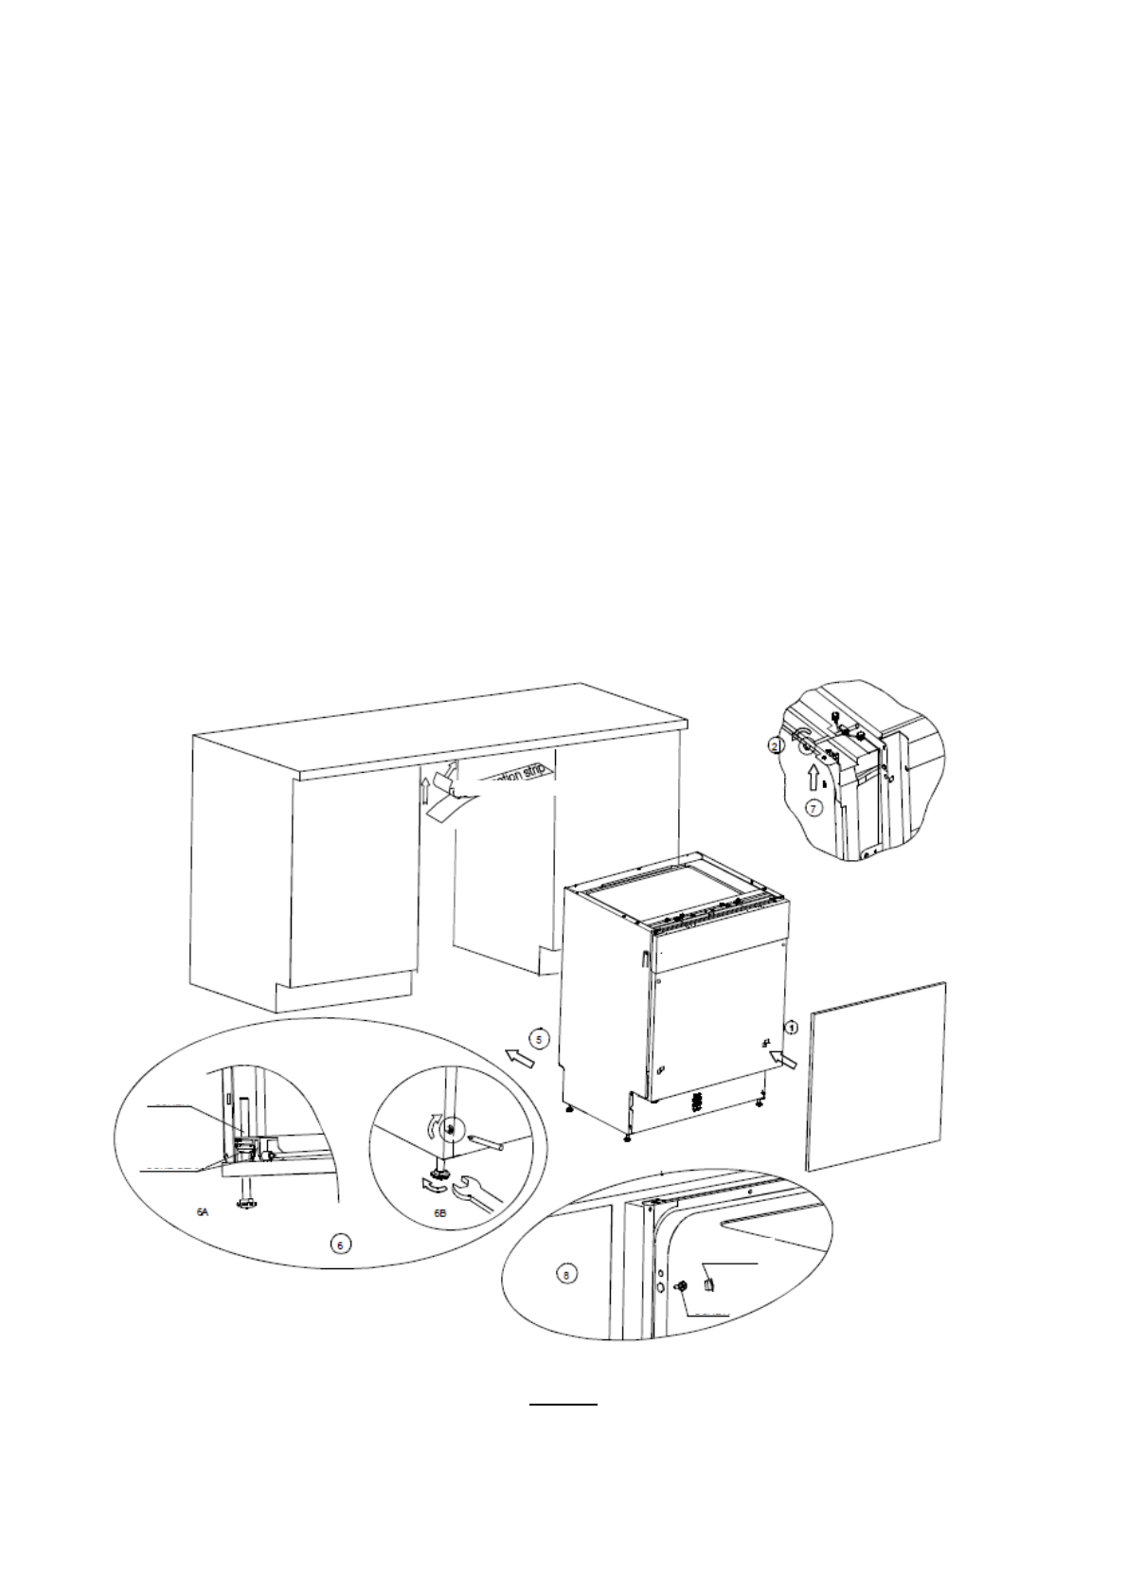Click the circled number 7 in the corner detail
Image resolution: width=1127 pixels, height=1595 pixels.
(x=813, y=808)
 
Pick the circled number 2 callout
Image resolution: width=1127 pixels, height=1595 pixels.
(x=776, y=746)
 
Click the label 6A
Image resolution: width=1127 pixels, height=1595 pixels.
(x=202, y=1211)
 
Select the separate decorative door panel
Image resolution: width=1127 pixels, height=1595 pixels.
(x=876, y=1075)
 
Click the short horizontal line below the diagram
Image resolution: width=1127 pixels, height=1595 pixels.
(x=563, y=1405)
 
